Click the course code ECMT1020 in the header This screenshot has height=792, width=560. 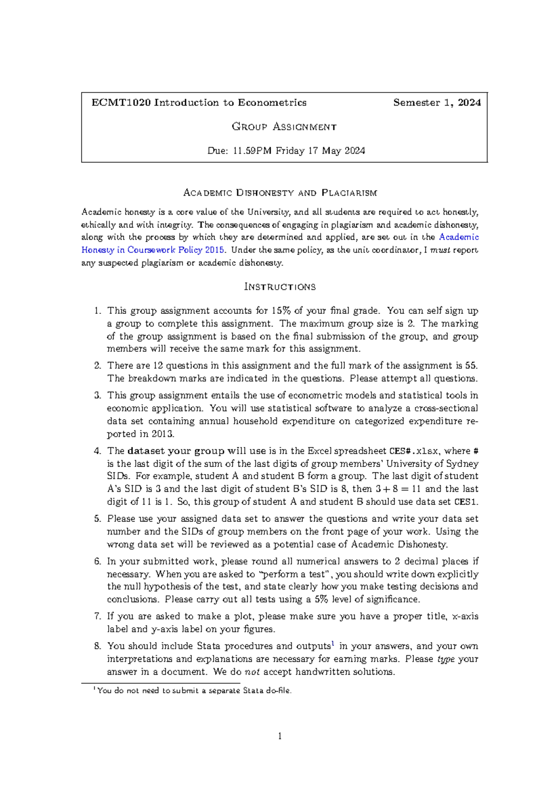pyautogui.click(x=121, y=103)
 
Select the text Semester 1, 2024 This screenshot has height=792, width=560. pyautogui.click(x=437, y=103)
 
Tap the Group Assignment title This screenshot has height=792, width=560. pyautogui.click(x=284, y=127)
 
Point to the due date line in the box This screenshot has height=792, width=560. pyautogui.click(x=286, y=151)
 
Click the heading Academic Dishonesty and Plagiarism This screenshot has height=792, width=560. pyautogui.click(x=280, y=193)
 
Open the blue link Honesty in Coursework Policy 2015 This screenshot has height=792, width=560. pyautogui.click(x=153, y=250)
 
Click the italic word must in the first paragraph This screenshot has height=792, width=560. pyautogui.click(x=440, y=250)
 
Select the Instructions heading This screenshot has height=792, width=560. pyautogui.click(x=280, y=287)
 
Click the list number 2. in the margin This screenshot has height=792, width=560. pyautogui.click(x=97, y=366)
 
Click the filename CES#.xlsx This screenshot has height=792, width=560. pyautogui.click(x=413, y=451)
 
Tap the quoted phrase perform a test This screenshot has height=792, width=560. pyautogui.click(x=293, y=574)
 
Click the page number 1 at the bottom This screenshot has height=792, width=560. pyautogui.click(x=280, y=736)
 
